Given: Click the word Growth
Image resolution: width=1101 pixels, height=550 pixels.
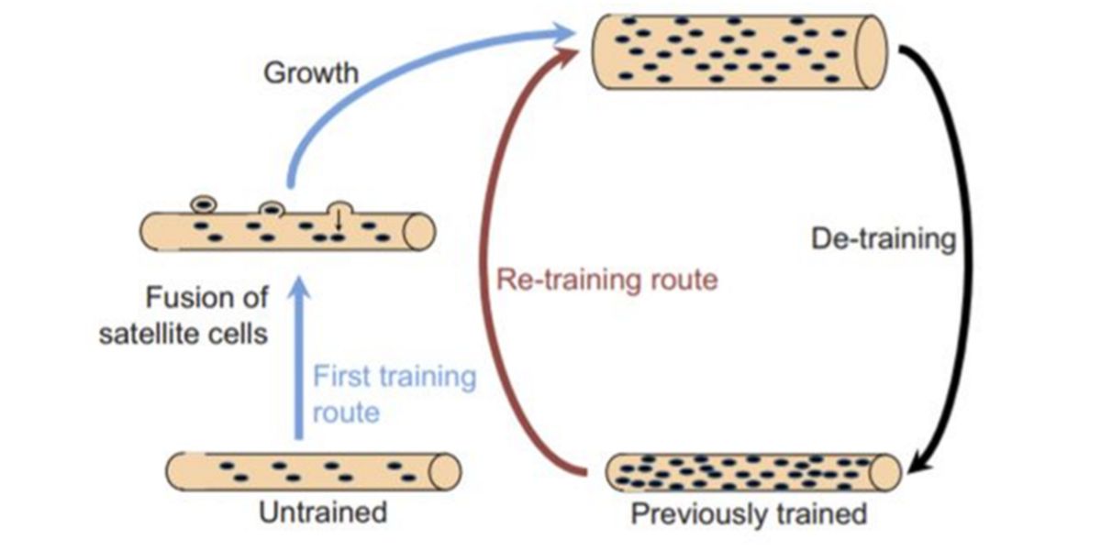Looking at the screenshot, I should click(311, 72).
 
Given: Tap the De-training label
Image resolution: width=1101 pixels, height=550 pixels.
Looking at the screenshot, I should click(884, 240).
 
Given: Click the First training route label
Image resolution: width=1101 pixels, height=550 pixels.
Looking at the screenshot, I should click(394, 393).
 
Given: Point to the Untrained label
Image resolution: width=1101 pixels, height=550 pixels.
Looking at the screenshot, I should click(322, 511).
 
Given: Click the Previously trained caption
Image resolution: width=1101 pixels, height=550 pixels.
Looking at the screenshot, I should click(748, 513).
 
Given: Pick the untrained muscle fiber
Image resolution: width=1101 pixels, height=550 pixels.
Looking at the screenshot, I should click(312, 470).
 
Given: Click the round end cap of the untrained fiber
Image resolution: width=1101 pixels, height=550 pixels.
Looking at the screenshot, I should click(446, 470).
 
